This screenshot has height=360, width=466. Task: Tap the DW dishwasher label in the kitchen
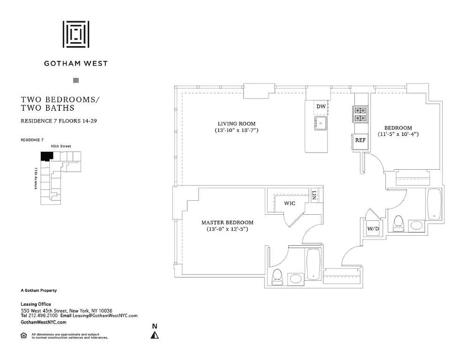click(x=321, y=107)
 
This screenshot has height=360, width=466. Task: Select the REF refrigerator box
click(x=360, y=140)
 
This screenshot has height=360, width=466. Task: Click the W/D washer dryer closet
click(x=373, y=229)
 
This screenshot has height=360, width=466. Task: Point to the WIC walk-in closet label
click(x=290, y=203)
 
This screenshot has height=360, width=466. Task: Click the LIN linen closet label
click(x=314, y=195)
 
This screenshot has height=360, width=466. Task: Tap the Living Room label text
click(x=236, y=124)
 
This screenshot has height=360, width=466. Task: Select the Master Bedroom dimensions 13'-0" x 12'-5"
click(x=227, y=229)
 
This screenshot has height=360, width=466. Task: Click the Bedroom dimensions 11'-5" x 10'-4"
click(x=398, y=134)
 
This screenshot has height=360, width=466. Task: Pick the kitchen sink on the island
click(x=321, y=123)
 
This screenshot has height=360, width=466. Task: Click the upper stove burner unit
click(x=361, y=110)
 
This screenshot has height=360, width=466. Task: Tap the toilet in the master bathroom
click(x=277, y=275)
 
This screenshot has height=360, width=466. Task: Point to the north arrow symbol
click(x=154, y=334)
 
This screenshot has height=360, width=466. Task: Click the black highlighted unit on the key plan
click(x=46, y=156)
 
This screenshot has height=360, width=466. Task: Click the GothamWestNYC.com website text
click(x=44, y=322)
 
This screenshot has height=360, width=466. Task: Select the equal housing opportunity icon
click(x=24, y=335)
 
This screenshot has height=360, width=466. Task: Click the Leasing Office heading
click(x=36, y=304)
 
